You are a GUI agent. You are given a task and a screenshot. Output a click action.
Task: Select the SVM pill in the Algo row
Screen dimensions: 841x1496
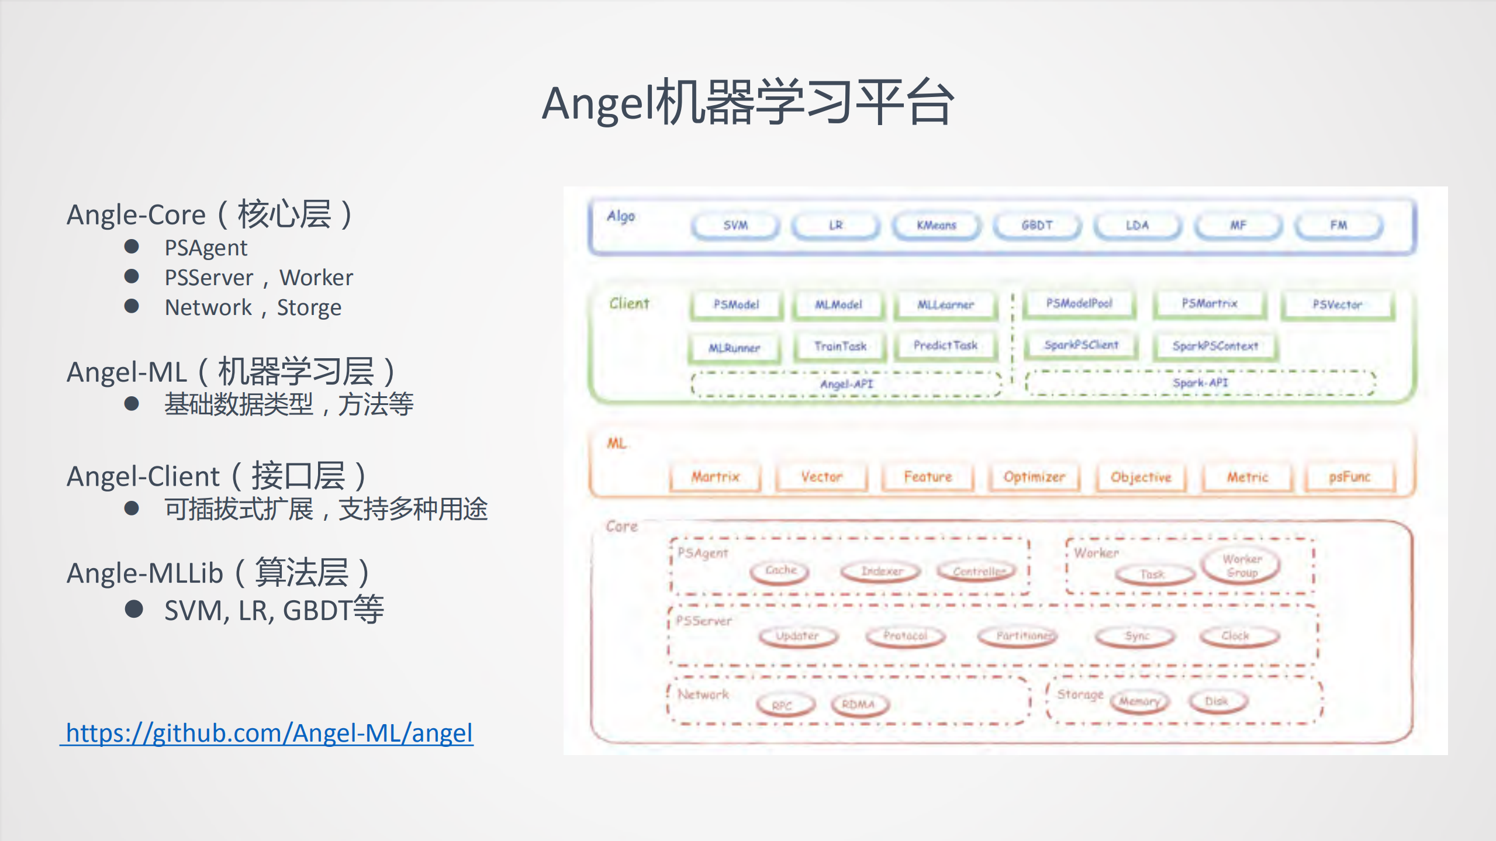pos(735,226)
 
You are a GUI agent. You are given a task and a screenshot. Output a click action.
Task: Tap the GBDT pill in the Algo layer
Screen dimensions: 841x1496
pos(1037,226)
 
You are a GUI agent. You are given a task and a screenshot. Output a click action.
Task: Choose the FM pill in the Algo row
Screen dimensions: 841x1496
pos(1338,226)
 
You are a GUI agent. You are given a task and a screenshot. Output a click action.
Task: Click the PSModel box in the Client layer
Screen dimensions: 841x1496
pos(736,304)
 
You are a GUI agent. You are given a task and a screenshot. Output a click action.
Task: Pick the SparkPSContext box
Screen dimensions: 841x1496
pos(1215,346)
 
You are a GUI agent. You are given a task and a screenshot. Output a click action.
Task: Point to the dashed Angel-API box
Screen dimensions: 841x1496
pos(846,384)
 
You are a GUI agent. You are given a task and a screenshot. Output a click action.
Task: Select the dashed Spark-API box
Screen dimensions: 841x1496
pos(1200,383)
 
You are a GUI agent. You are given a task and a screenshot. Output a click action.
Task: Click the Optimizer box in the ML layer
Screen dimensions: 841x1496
pos(1034,477)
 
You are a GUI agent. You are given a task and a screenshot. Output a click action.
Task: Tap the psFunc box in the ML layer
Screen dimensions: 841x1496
pos(1349,477)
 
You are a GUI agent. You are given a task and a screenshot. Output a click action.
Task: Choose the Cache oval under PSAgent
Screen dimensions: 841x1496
pos(780,570)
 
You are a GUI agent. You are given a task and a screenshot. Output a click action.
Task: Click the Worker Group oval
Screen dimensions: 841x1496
pos(1241,566)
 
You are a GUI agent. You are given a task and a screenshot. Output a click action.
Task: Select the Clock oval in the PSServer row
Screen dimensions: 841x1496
pos(1235,636)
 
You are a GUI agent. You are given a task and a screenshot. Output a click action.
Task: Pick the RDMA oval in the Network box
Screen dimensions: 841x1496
pos(858,704)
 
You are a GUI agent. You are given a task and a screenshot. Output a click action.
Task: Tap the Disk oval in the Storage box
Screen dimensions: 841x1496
pos(1217,701)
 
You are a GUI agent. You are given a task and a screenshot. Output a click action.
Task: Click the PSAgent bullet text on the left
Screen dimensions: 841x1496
pos(206,248)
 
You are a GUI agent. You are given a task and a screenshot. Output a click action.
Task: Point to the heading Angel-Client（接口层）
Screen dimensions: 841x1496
pos(216,476)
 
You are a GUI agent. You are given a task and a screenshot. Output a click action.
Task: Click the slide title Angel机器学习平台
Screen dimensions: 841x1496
pos(748,103)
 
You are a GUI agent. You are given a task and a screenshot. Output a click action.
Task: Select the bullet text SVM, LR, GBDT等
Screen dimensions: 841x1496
pos(274,610)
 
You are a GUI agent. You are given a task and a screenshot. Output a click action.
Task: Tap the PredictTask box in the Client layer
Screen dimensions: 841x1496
pos(945,346)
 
